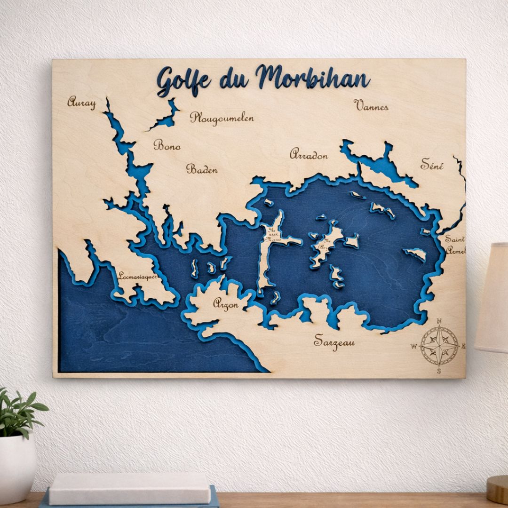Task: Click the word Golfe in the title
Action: (x=183, y=81)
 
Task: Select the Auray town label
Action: (x=81, y=102)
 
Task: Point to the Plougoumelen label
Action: (x=222, y=118)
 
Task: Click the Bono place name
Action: (x=167, y=145)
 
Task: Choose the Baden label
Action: (x=202, y=169)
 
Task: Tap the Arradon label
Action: (x=309, y=154)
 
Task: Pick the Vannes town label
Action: (x=371, y=105)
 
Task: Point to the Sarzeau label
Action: (x=334, y=341)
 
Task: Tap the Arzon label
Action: (x=225, y=304)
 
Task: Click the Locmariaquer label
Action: (x=137, y=277)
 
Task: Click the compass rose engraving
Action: (x=439, y=346)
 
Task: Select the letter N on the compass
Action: (x=439, y=321)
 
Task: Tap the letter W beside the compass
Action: (x=414, y=347)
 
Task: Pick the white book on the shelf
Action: (x=130, y=488)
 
